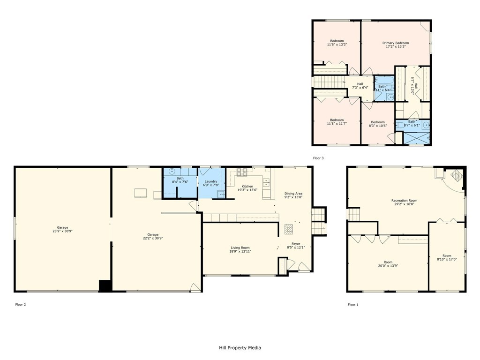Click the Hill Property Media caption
click(x=240, y=348)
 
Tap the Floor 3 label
click(x=318, y=158)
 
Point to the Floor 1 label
click(x=353, y=305)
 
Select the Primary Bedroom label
click(x=396, y=43)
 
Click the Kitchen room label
click(x=247, y=186)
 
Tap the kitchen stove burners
click(x=242, y=172)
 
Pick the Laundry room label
click(x=211, y=181)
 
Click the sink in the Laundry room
click(x=220, y=194)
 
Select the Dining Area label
click(x=293, y=193)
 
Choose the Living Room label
click(x=240, y=247)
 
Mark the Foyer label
click(x=296, y=244)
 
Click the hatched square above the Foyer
click(x=289, y=229)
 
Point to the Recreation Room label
click(x=404, y=201)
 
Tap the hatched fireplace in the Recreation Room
click(x=456, y=175)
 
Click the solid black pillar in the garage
click(x=105, y=286)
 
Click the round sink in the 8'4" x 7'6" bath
click(x=172, y=172)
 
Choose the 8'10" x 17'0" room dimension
click(x=447, y=259)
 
